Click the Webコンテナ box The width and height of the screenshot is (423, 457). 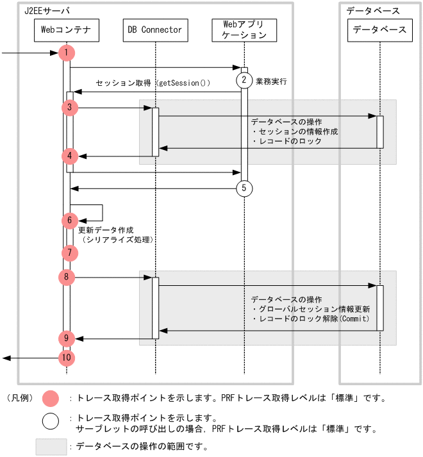click(x=66, y=29)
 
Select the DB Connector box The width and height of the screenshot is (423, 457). click(x=155, y=29)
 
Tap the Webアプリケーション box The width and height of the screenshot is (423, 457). click(x=244, y=29)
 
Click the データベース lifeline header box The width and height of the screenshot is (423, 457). click(x=379, y=29)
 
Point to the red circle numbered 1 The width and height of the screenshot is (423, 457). click(x=67, y=53)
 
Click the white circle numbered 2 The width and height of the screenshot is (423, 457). click(x=244, y=80)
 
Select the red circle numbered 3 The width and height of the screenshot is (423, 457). click(x=70, y=108)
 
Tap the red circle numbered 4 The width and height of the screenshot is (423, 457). click(x=70, y=156)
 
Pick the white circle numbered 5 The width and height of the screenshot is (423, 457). click(x=244, y=188)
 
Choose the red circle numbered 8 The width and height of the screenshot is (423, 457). click(x=67, y=278)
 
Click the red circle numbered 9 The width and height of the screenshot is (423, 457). click(x=67, y=338)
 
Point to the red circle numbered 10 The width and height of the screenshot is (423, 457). click(x=67, y=358)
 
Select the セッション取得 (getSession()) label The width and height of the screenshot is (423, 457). click(x=153, y=83)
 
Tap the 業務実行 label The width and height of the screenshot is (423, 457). click(x=271, y=81)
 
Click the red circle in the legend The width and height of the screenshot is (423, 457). click(x=50, y=398)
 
